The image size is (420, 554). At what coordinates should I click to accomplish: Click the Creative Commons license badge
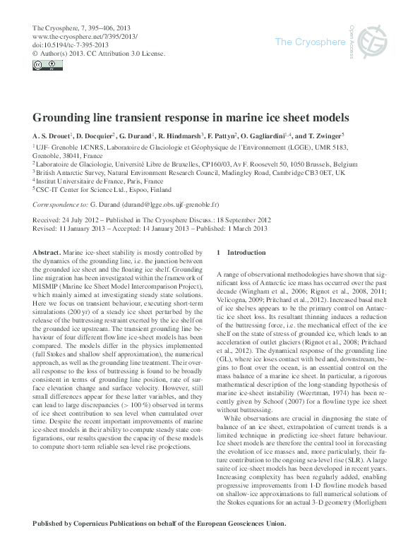45,66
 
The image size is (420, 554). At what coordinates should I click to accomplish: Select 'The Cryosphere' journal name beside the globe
308,42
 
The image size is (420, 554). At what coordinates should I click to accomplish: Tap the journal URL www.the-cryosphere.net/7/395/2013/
85,36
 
